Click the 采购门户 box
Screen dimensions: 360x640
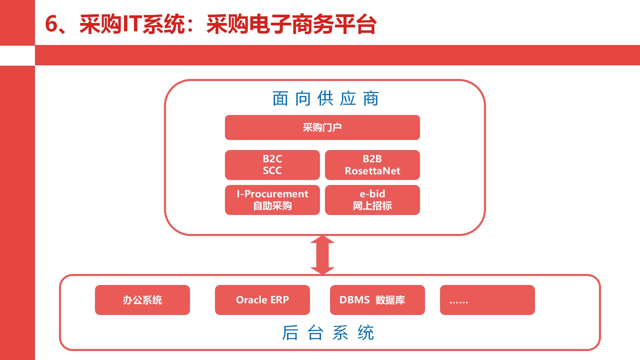pyautogui.click(x=322, y=127)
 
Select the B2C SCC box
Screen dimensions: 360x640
pyautogui.click(x=272, y=165)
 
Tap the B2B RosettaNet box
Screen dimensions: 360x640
pyautogui.click(x=372, y=165)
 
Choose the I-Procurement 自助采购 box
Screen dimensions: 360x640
pyautogui.click(x=272, y=200)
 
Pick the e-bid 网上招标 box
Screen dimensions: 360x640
pyautogui.click(x=372, y=200)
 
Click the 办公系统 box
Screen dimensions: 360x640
pyautogui.click(x=142, y=300)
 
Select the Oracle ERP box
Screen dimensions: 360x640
pyautogui.click(x=262, y=300)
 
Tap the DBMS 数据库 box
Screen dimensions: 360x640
pyautogui.click(x=377, y=300)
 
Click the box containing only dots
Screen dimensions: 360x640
pyautogui.click(x=487, y=300)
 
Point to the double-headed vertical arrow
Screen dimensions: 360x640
pyautogui.click(x=322, y=255)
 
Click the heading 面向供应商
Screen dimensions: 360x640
pyautogui.click(x=325, y=99)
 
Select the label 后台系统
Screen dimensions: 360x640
pyautogui.click(x=328, y=333)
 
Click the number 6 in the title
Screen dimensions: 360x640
pyautogui.click(x=52, y=24)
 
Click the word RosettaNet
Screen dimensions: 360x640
pyautogui.click(x=372, y=171)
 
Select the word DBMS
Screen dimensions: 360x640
pyautogui.click(x=354, y=300)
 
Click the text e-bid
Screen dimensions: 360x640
pyautogui.click(x=372, y=194)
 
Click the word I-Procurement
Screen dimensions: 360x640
pyautogui.click(x=272, y=194)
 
